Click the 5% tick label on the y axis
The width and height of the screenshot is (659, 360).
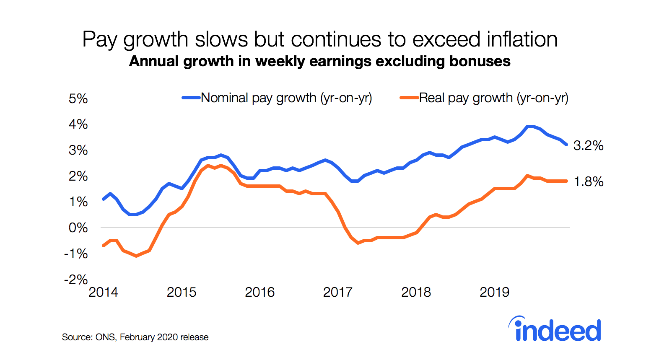[x=78, y=99]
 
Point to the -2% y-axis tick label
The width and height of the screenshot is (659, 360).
[x=76, y=280]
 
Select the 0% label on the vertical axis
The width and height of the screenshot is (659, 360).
[x=78, y=228]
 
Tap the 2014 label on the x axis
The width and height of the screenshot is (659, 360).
[x=103, y=292]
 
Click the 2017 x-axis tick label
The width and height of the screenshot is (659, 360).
[x=337, y=292]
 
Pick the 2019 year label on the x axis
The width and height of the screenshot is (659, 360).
[x=494, y=292]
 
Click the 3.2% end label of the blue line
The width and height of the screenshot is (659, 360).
[x=588, y=146]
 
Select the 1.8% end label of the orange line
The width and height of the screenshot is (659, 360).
[x=588, y=181]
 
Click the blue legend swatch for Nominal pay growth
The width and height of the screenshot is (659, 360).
[x=191, y=98]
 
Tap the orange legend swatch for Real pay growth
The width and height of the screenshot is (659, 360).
[x=409, y=98]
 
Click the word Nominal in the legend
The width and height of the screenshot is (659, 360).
[x=225, y=98]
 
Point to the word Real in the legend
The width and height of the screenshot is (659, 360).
[x=432, y=98]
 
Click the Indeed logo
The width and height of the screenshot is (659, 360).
[x=555, y=329]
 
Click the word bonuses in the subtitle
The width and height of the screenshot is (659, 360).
[x=480, y=61]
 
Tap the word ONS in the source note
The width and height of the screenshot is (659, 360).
[x=105, y=337]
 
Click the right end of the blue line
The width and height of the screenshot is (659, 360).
[x=566, y=144]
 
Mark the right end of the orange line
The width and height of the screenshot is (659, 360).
[x=567, y=181]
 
